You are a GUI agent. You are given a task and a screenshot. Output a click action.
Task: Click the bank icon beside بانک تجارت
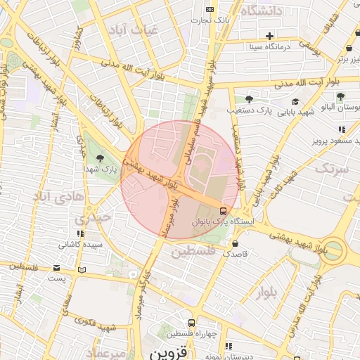[x=210, y=9]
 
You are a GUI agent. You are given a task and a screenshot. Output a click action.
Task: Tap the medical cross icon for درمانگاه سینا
[x=270, y=35]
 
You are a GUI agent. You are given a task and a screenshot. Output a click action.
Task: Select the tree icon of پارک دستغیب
[x=248, y=98]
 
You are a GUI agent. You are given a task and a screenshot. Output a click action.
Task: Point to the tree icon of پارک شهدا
[x=100, y=157]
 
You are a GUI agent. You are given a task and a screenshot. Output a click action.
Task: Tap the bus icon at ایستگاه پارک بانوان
[x=223, y=210]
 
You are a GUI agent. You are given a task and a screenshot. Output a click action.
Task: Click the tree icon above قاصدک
[x=235, y=243]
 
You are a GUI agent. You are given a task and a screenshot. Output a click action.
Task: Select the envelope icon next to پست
[x=57, y=268]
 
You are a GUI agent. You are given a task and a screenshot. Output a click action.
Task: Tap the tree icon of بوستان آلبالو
[x=340, y=97]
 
